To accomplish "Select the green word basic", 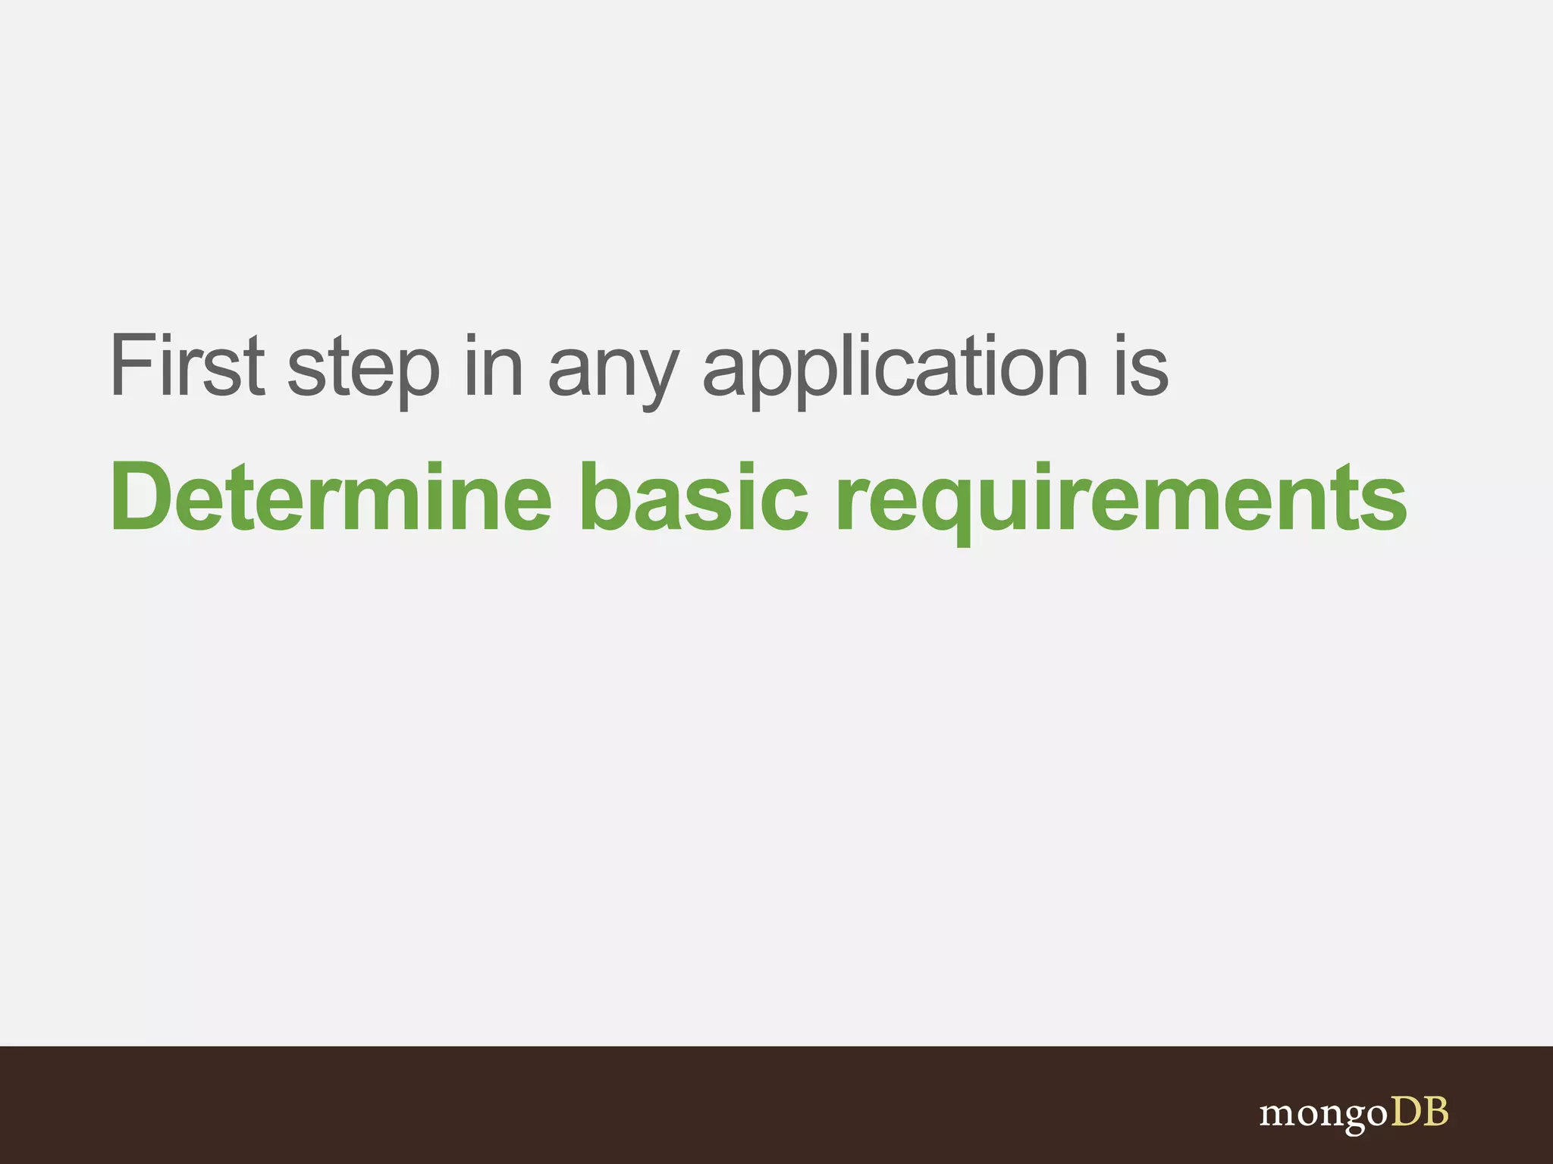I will click(694, 497).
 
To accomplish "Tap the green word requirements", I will click(1121, 500).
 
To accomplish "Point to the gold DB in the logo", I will click(1419, 1112).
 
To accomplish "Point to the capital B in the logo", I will click(1435, 1112).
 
